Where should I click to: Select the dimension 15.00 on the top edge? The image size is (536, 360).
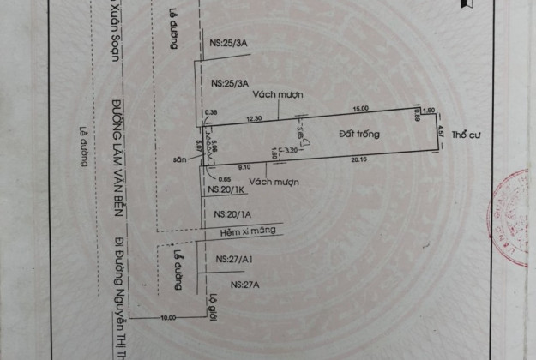click(x=359, y=108)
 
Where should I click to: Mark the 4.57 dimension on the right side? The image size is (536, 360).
click(x=440, y=132)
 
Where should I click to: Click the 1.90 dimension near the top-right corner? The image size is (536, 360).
click(x=429, y=109)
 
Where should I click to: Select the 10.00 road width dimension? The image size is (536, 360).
click(x=166, y=317)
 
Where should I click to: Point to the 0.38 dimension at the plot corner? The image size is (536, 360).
click(x=211, y=111)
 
